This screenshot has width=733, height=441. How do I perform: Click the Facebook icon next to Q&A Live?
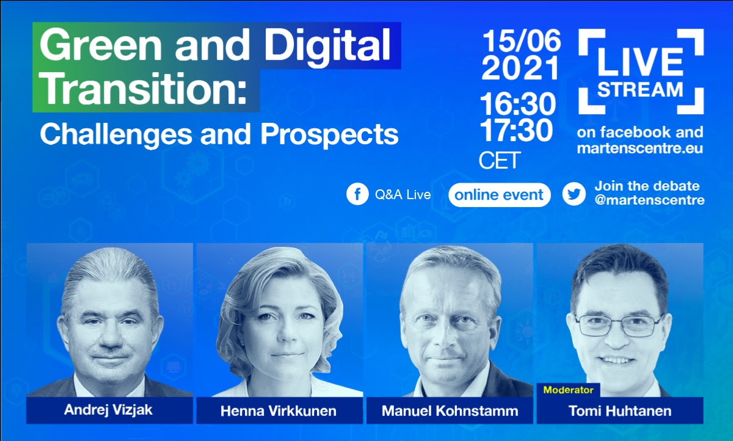point(357,194)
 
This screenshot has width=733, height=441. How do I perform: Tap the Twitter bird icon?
point(574,194)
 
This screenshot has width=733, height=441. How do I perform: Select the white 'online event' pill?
point(500,195)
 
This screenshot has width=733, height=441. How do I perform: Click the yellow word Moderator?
point(569,390)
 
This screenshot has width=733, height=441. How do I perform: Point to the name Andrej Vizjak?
point(108,410)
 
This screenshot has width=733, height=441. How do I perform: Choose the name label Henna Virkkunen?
point(279,411)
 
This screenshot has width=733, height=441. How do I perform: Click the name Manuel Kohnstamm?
point(450,411)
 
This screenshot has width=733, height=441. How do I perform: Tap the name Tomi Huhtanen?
point(620,411)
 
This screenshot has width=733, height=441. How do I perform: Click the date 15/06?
point(522,41)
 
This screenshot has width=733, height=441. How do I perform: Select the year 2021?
point(520,68)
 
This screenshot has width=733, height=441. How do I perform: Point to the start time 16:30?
point(518,104)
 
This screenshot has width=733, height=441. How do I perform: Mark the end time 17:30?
point(517,130)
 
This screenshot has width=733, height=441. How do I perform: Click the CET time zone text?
point(500,160)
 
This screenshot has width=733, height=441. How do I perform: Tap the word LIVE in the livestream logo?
point(640,62)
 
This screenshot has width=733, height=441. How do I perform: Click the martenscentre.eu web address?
point(640,148)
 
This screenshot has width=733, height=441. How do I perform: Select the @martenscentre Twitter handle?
point(649,200)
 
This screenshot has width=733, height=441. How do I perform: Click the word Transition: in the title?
point(144,89)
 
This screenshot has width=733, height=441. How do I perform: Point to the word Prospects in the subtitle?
point(329,134)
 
